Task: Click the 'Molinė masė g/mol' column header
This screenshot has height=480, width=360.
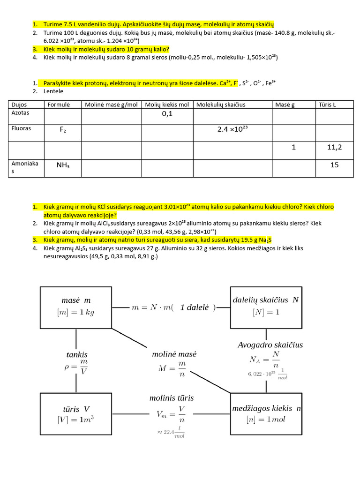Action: click(111, 105)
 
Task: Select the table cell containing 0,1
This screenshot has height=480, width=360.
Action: click(167, 113)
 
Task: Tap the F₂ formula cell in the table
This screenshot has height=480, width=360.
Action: click(63, 130)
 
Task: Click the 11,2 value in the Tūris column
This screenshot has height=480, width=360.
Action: click(334, 147)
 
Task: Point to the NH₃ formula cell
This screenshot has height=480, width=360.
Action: click(63, 165)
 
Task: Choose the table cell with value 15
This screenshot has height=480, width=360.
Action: click(334, 165)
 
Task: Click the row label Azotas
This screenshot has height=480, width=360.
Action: click(20, 113)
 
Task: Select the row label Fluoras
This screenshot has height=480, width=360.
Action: click(21, 128)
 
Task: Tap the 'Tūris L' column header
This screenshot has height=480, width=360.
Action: click(327, 105)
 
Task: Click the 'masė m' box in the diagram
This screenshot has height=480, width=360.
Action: click(76, 307)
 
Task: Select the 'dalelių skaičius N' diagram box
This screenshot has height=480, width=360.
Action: click(265, 307)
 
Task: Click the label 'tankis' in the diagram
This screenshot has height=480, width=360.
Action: click(77, 355)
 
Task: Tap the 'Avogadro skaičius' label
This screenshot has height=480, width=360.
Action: click(270, 345)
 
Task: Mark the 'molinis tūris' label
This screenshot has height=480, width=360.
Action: click(172, 398)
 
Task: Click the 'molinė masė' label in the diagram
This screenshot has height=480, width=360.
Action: click(174, 354)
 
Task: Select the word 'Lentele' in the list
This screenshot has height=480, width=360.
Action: click(53, 91)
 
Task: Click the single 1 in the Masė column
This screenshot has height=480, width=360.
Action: click(294, 147)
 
